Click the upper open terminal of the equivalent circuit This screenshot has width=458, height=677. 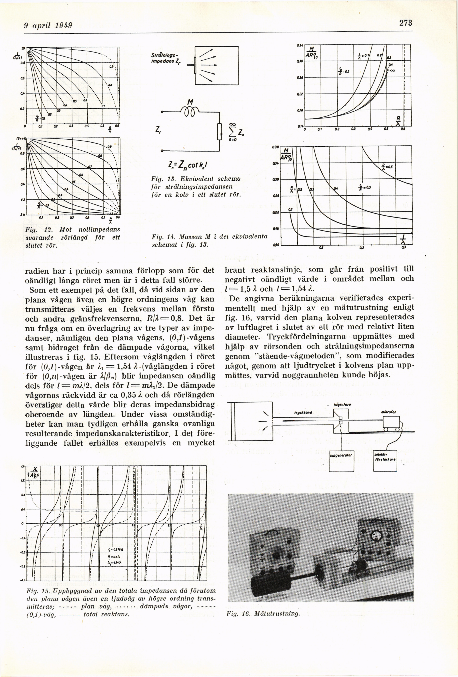coord(162,112)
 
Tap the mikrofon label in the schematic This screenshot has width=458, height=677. coord(388,412)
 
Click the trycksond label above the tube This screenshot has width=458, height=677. coord(303,413)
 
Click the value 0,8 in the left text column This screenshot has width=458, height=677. coord(176,318)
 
